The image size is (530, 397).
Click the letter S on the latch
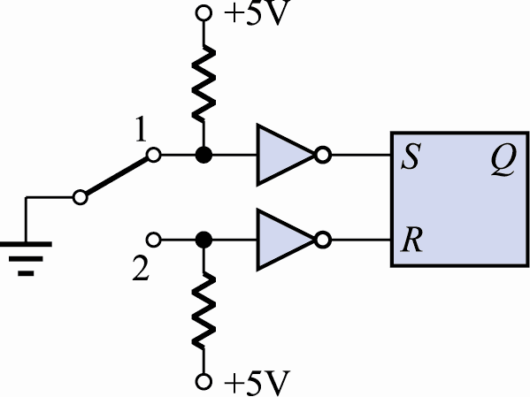coord(411,157)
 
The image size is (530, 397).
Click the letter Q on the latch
coord(503,159)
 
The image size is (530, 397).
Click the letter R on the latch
coord(412,240)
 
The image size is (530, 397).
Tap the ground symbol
coord(26,259)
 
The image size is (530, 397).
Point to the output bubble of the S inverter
coord(323,155)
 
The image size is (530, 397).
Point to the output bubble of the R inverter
coord(323,240)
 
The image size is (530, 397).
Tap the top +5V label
coord(257,13)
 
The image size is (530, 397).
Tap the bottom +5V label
coord(257,383)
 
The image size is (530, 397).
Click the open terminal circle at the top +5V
coord(204,13)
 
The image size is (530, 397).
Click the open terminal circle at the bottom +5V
coord(204,382)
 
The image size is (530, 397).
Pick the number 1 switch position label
coord(141,129)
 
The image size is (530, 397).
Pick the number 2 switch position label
coord(141,268)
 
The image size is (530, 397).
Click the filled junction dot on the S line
coord(204,155)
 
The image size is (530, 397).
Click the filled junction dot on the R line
coord(204,240)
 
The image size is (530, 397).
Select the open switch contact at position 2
coord(154,240)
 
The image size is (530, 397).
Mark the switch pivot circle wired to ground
coord(81,197)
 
